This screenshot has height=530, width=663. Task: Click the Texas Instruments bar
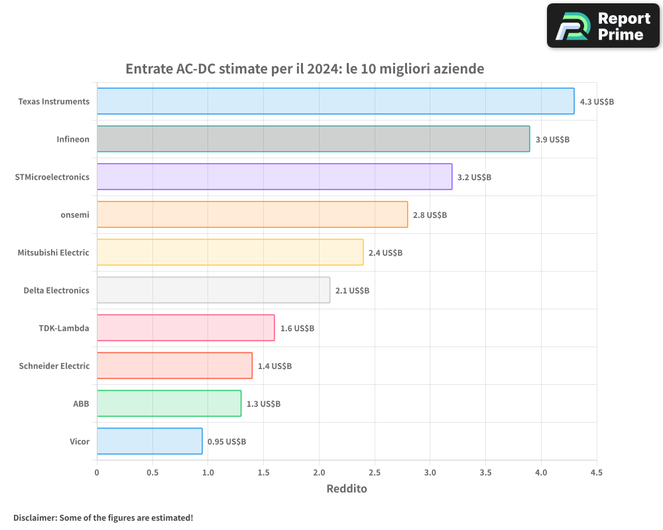(335, 101)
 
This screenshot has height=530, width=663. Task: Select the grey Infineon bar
(314, 138)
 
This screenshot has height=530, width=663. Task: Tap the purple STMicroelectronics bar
(274, 177)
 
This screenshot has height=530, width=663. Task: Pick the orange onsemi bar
(253, 214)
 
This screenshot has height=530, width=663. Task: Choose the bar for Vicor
(150, 441)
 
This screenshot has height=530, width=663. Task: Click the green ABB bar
(169, 403)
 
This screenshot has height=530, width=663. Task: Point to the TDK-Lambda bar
(186, 327)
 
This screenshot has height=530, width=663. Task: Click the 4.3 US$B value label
(597, 102)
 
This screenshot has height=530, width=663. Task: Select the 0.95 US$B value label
(227, 442)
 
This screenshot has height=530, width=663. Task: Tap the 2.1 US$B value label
(352, 291)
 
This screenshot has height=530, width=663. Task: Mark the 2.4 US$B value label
(385, 252)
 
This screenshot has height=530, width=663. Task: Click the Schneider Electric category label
(54, 366)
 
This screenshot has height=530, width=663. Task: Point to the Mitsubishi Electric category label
(53, 252)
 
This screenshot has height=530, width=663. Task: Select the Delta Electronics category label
(56, 290)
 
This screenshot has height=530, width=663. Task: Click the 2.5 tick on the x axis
(375, 472)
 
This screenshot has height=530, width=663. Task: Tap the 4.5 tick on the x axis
(597, 472)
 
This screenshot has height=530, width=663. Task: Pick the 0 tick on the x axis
(97, 472)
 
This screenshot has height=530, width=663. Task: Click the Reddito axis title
(347, 488)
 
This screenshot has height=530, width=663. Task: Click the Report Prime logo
(603, 26)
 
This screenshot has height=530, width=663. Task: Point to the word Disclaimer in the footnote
(35, 517)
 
